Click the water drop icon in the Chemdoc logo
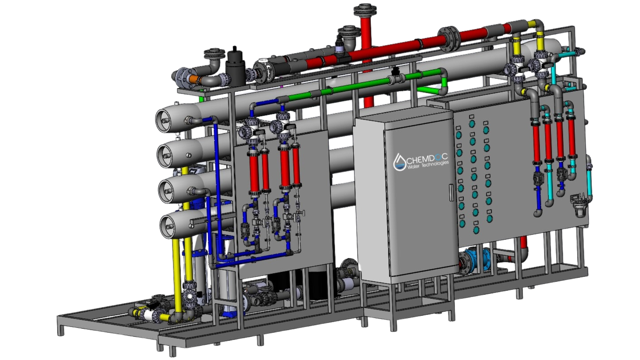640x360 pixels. (399, 162)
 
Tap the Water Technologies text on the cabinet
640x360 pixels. (428, 165)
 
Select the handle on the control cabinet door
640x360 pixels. (452, 193)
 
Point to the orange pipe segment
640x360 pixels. (193, 79)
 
